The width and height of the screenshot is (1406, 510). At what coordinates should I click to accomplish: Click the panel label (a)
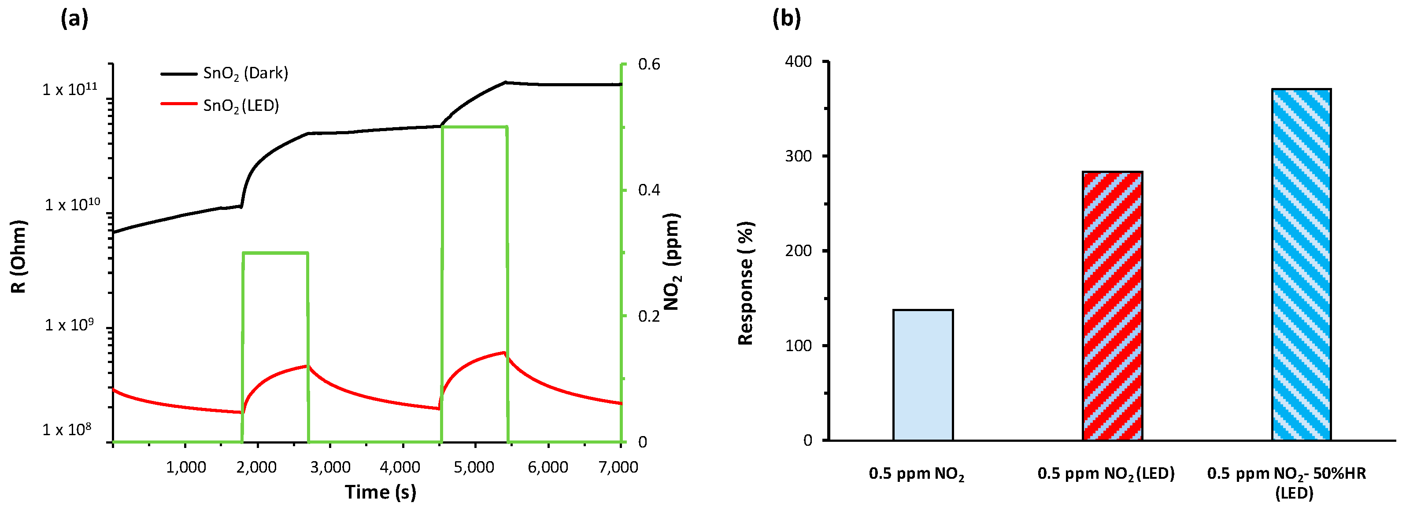click(x=74, y=19)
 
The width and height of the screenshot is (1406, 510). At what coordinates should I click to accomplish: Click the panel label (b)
click(x=787, y=19)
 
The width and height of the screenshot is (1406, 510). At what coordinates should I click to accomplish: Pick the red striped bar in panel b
click(x=1112, y=306)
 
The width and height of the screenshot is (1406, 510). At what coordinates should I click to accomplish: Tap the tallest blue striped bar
click(x=1301, y=264)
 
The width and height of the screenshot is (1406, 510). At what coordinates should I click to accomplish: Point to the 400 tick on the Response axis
click(x=799, y=62)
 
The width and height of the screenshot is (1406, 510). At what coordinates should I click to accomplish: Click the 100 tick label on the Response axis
click(x=799, y=346)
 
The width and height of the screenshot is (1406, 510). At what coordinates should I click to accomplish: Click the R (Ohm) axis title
click(x=18, y=257)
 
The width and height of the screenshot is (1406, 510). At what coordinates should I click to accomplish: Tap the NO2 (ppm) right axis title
click(x=671, y=262)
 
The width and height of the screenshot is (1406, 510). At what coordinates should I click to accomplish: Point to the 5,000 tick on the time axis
click(x=474, y=467)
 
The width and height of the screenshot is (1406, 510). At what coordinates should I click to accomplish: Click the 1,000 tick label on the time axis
click(x=186, y=467)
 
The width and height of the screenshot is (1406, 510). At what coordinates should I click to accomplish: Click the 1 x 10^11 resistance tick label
click(x=70, y=89)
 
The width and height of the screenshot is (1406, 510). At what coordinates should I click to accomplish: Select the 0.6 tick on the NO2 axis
click(x=649, y=64)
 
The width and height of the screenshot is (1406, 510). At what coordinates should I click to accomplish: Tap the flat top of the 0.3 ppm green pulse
click(x=276, y=253)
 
